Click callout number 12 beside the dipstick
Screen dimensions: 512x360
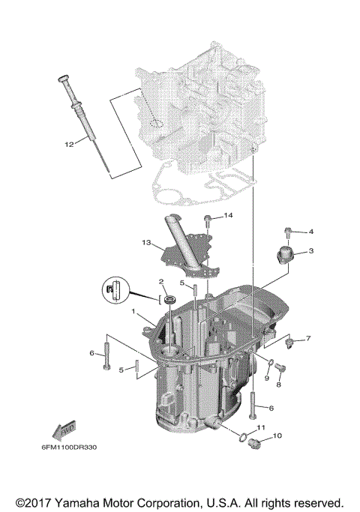(68, 144)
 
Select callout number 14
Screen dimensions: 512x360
(229, 216)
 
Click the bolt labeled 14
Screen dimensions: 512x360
(208, 220)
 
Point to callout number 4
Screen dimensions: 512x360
(310, 232)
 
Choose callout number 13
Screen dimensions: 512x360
(145, 242)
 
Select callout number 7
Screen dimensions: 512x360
(307, 339)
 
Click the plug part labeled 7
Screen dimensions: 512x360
(287, 343)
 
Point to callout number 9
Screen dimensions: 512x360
(265, 378)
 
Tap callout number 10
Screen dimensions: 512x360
(277, 436)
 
